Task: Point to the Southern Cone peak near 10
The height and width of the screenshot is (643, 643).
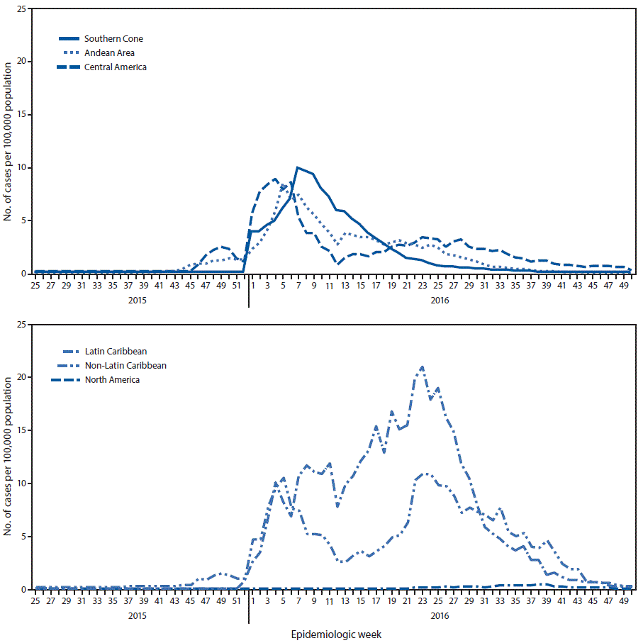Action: [x=298, y=168]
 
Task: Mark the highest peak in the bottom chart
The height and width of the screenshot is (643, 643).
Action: [x=423, y=367]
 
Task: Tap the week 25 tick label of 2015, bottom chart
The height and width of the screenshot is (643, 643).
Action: [x=35, y=601]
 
